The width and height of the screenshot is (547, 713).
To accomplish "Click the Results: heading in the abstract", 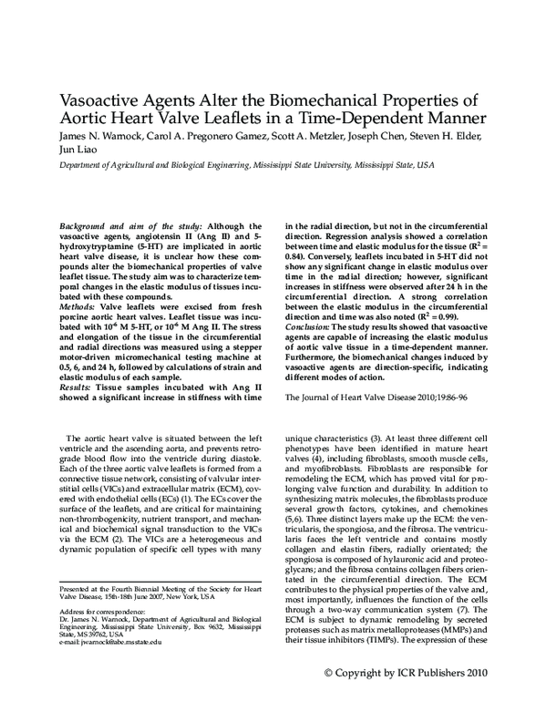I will pos(77,363).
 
